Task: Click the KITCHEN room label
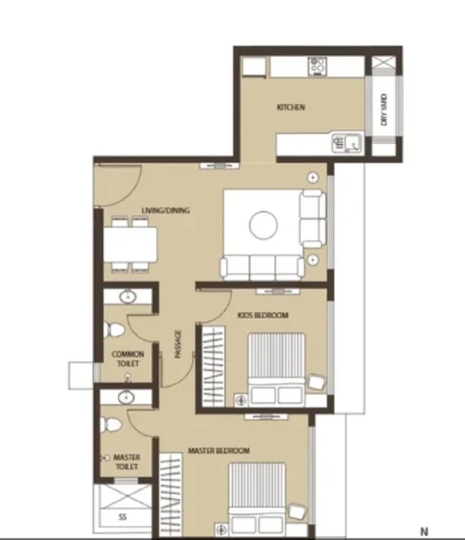point(291,107)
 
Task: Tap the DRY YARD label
point(384,110)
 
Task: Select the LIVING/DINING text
point(166,210)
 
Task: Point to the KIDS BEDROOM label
point(263,315)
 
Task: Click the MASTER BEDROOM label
point(218,451)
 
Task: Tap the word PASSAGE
point(178,344)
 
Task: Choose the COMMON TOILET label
point(128,359)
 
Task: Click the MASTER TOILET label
point(126,462)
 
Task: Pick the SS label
point(122,517)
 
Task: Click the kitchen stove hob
point(317,66)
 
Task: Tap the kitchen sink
point(347,143)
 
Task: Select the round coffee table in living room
point(263,225)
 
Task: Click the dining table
point(131,245)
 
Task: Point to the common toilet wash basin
point(128,297)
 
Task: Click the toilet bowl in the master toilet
point(110,425)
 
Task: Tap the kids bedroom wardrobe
point(214,366)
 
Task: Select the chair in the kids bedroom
point(317,382)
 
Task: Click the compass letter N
point(424,532)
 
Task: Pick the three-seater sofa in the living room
point(262,267)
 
